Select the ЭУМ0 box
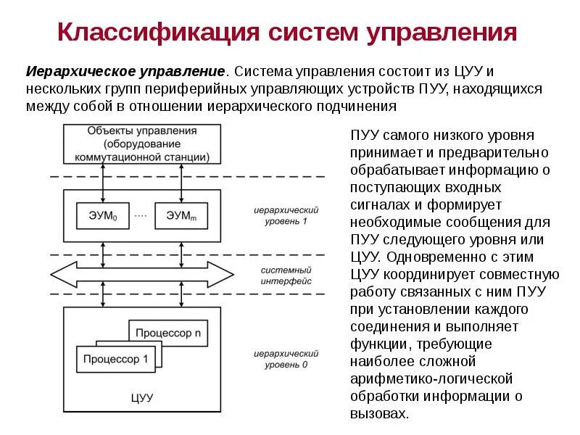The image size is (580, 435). [x=102, y=215]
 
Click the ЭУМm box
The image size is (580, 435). [x=181, y=215]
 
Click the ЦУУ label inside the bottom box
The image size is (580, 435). [x=142, y=397]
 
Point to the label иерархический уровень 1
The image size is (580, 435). [x=286, y=215]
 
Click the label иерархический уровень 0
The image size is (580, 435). [x=286, y=359]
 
